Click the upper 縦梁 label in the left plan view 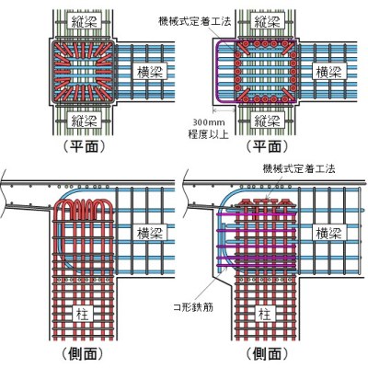tap(84, 23)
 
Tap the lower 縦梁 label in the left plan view tap(84, 120)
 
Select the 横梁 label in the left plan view tap(150, 72)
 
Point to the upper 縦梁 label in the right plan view tap(267, 23)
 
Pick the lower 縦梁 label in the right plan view tap(267, 120)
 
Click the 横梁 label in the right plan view tap(329, 72)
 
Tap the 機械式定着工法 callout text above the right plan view tap(195, 21)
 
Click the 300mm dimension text tap(209, 122)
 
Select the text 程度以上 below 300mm tap(209, 134)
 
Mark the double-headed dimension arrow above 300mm tap(224, 109)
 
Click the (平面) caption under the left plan tap(84, 146)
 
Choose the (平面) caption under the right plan tap(267, 146)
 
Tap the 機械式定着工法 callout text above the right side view tap(299, 168)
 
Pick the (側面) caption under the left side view tap(82, 353)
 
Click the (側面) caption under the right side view tap(267, 353)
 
